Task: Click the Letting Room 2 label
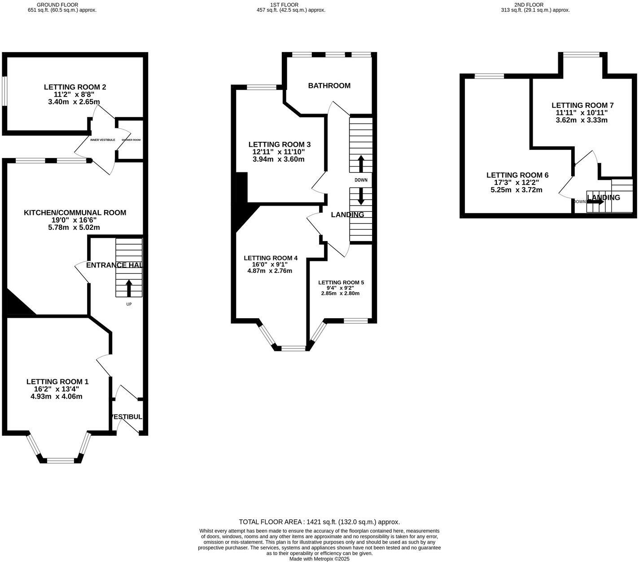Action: tap(75, 87)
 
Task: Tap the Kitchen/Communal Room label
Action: tap(75, 213)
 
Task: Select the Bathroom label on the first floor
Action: tap(329, 86)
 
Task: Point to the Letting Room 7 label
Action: tap(582, 105)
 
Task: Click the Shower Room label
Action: tap(131, 140)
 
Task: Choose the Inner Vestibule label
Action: tap(103, 140)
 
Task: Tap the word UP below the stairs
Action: tap(129, 304)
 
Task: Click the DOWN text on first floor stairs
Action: tap(361, 180)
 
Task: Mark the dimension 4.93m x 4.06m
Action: tap(56, 396)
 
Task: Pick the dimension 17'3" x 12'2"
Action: tap(517, 182)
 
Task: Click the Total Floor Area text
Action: tap(319, 522)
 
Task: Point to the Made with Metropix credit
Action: tap(319, 559)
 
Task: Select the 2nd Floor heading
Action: tap(535, 5)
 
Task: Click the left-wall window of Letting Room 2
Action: tap(4, 91)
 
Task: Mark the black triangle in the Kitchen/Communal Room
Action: tap(18, 304)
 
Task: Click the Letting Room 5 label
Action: tap(341, 283)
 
